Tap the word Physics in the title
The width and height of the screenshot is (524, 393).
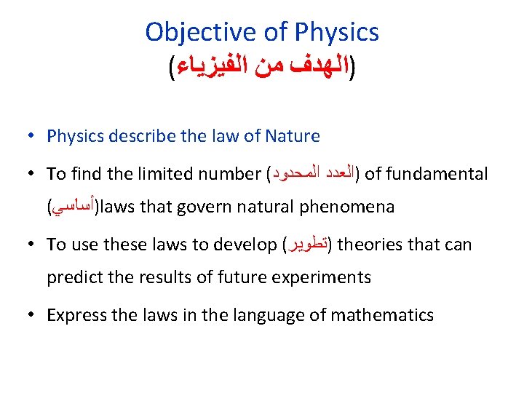[337, 32]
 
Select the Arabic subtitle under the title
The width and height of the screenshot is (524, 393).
[262, 71]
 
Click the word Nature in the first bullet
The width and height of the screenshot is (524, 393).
[294, 136]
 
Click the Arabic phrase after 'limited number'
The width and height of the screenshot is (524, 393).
[317, 174]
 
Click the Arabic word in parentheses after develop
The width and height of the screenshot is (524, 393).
[306, 245]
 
